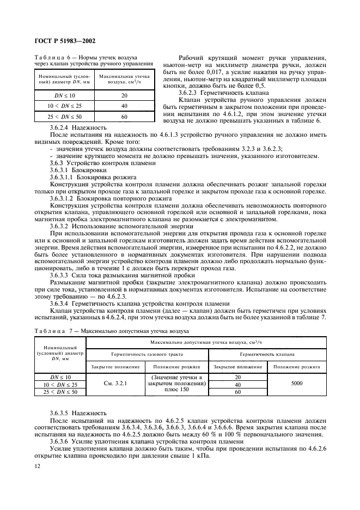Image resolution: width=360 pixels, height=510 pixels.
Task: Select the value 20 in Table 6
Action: pos(124,95)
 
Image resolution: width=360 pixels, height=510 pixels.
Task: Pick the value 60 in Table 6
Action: pos(124,117)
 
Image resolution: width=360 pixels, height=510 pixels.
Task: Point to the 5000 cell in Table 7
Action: pos(296,384)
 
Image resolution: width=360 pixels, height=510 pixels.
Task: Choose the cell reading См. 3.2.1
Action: pos(115,384)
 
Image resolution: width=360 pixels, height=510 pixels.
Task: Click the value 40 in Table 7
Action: pos(237,384)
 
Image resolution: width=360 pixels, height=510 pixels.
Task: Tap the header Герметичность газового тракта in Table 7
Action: pos(148,354)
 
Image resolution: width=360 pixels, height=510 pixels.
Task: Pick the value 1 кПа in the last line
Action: pos(293,458)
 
